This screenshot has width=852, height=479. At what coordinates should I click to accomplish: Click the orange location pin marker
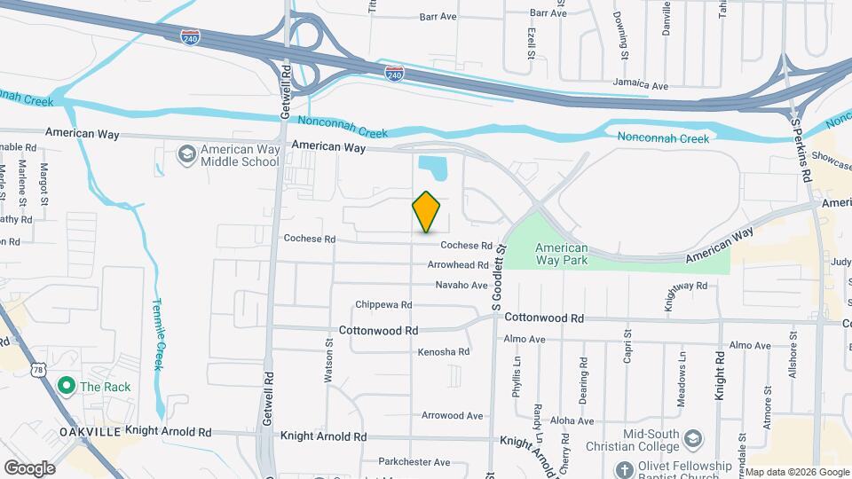tap(427, 212)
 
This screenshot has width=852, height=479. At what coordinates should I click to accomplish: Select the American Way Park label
tap(561, 255)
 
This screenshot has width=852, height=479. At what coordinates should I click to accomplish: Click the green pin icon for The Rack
tap(65, 386)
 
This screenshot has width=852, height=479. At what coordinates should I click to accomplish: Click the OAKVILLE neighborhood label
tap(89, 432)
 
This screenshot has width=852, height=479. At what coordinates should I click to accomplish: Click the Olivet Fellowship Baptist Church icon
tap(624, 467)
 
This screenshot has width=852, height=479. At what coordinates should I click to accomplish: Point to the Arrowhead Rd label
tap(458, 265)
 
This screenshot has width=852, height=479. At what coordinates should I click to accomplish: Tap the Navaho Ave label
tap(461, 285)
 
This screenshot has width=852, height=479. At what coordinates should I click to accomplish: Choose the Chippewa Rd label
tap(383, 304)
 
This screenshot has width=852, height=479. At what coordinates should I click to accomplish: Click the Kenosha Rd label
tap(444, 352)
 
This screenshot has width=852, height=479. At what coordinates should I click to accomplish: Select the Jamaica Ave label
tap(640, 85)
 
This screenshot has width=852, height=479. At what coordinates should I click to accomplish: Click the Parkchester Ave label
tap(414, 462)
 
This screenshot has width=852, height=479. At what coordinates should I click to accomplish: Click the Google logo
tap(29, 467)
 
